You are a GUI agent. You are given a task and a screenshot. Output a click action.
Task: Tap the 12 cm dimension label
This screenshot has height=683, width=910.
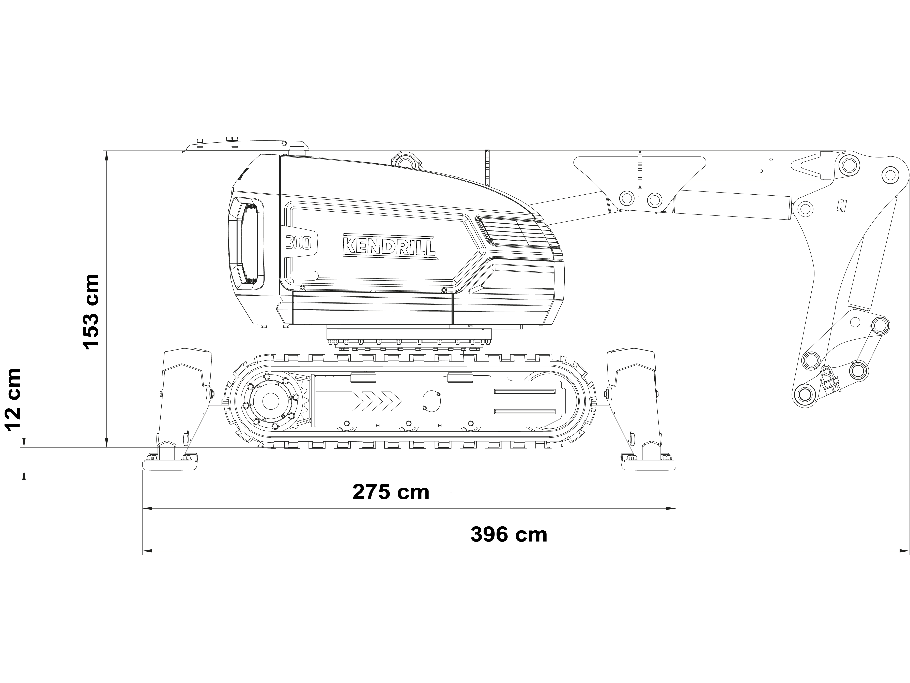[x=12, y=399]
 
